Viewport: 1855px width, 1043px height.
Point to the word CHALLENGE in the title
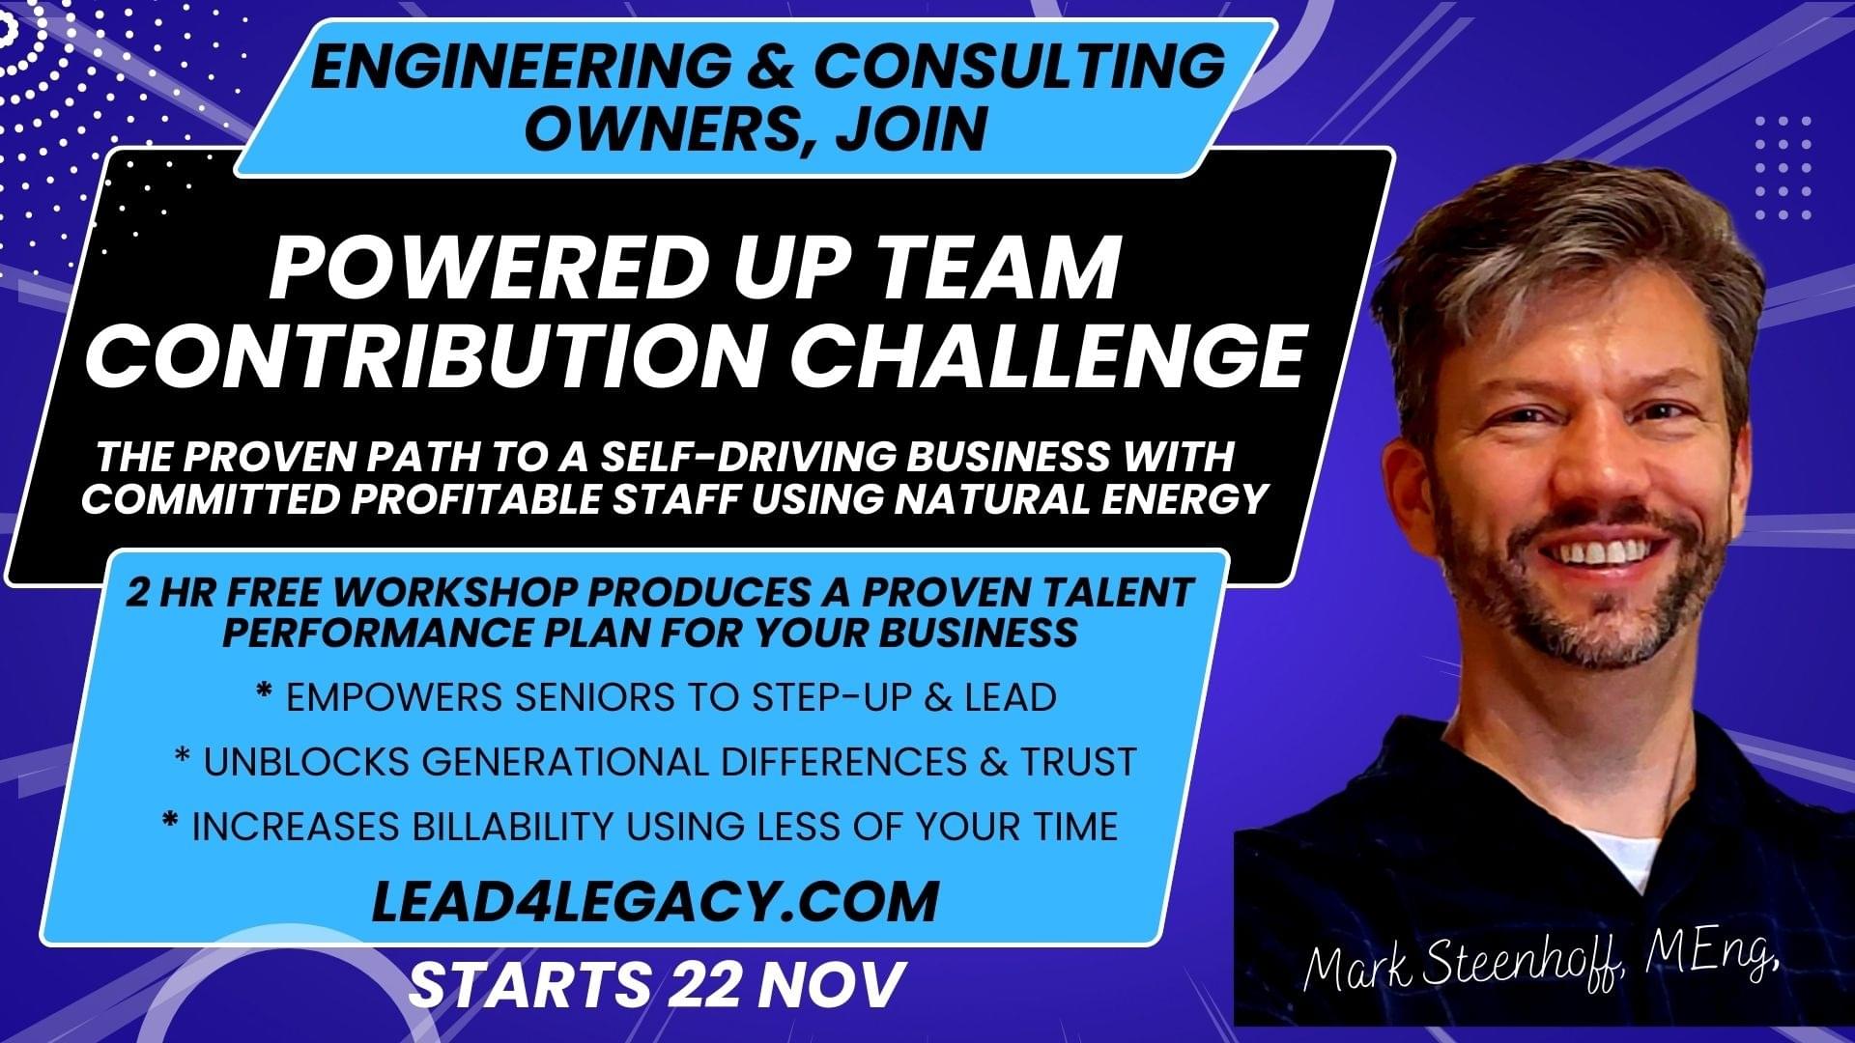coord(1048,353)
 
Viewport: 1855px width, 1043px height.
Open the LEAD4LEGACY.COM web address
coord(655,901)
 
